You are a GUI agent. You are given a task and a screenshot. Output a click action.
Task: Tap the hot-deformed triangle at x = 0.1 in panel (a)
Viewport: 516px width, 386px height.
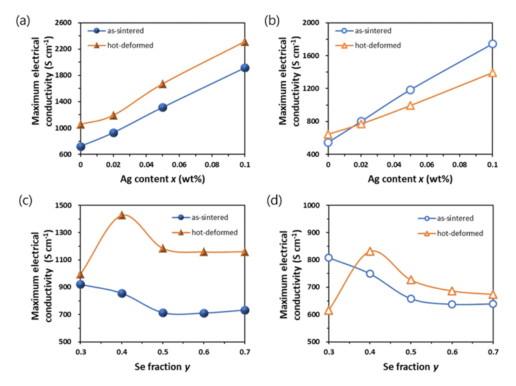244,42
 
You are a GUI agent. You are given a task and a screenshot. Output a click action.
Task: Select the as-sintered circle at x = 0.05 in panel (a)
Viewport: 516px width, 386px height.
163,107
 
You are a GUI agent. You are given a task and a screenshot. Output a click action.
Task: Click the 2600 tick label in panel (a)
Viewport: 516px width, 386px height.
64,23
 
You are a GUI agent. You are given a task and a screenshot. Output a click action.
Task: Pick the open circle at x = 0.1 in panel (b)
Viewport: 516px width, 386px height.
492,44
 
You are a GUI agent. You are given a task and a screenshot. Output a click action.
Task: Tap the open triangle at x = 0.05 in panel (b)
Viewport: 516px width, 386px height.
410,105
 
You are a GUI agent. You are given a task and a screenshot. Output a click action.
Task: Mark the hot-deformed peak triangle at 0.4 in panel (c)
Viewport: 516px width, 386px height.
122,215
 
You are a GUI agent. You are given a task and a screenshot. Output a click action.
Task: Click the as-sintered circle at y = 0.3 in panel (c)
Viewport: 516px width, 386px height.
81,284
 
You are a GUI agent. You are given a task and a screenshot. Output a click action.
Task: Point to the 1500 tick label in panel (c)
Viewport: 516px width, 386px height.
64,205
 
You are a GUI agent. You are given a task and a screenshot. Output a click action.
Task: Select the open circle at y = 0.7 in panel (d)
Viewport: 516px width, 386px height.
492,304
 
